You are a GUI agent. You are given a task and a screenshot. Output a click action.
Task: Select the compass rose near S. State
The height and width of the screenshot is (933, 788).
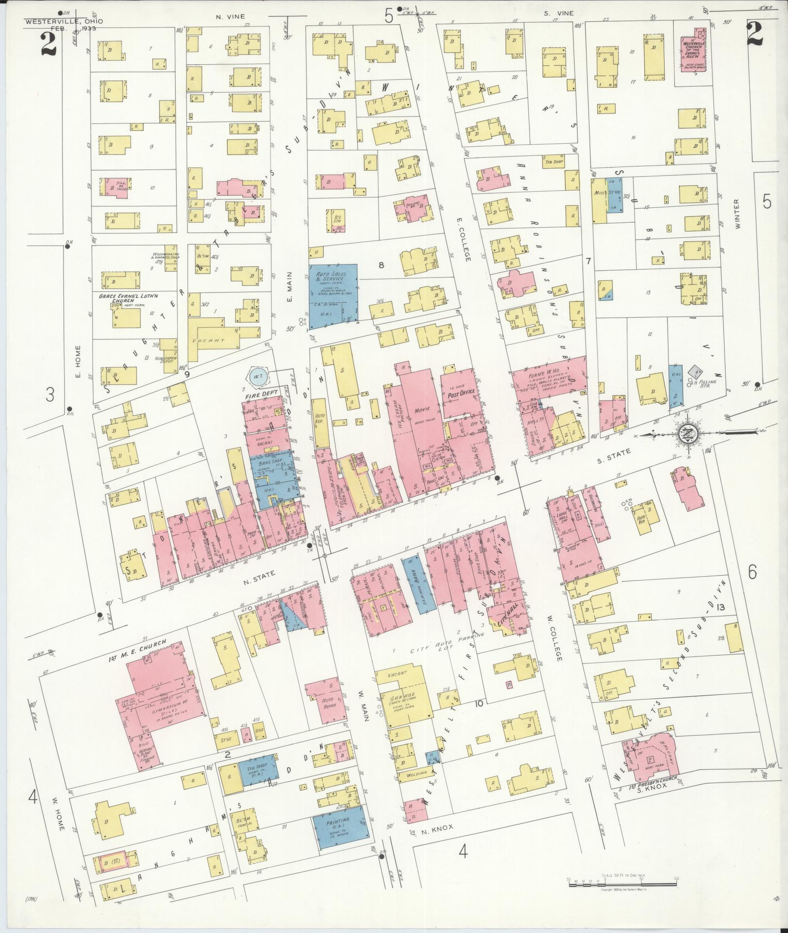(x=688, y=432)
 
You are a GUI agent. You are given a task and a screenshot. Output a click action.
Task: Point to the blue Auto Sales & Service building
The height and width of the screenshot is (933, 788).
(x=333, y=294)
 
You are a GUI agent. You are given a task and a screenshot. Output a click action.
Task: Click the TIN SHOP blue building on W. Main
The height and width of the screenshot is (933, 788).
(x=258, y=772)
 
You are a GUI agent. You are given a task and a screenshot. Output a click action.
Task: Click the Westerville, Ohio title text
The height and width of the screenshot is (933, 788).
(x=63, y=21)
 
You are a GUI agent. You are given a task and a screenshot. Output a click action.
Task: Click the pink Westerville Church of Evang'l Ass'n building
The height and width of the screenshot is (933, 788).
(x=693, y=50)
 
